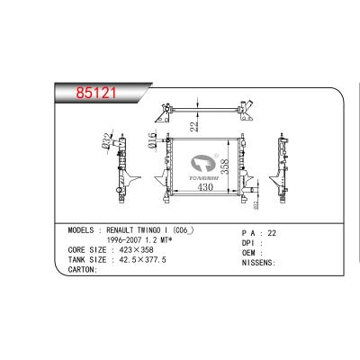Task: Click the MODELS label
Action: click(84, 231)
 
